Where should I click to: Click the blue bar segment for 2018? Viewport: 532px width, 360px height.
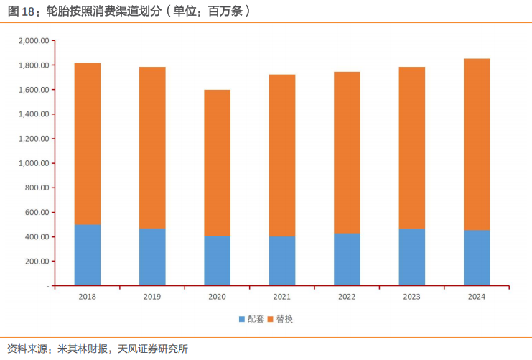[87, 255]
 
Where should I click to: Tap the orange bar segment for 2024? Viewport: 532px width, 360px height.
[477, 144]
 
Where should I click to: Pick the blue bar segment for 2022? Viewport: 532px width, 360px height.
[347, 259]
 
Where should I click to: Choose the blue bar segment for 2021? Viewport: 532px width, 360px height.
[282, 260]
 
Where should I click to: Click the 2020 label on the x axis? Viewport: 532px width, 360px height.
[217, 296]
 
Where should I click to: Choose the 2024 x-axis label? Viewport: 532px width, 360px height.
[477, 296]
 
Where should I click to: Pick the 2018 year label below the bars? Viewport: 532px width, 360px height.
[87, 296]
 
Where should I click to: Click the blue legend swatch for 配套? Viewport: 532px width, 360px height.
[242, 319]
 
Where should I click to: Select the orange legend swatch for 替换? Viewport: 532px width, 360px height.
[271, 319]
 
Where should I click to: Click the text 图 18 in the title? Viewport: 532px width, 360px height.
[21, 11]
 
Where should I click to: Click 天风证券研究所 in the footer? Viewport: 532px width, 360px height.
[153, 349]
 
